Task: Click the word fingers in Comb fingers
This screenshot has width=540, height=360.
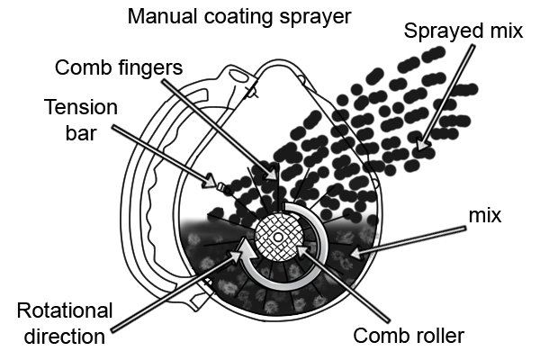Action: coord(150,68)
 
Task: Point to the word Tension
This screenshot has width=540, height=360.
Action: coord(81,107)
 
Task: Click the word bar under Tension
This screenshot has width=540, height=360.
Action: coord(81,133)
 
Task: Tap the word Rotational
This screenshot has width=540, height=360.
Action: coord(65,310)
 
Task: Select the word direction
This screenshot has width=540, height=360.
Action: coord(65,337)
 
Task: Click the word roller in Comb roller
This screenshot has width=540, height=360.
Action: coord(437,335)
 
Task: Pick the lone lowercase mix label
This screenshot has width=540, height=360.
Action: coord(485,216)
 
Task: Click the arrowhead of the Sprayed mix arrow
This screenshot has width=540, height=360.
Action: coord(423,145)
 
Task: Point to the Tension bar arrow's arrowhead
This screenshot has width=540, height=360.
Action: coord(210,181)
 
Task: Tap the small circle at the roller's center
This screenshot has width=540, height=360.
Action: coord(277,238)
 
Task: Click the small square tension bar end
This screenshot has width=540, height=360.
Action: coord(221,187)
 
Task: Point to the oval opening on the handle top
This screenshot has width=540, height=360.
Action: coord(238,76)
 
